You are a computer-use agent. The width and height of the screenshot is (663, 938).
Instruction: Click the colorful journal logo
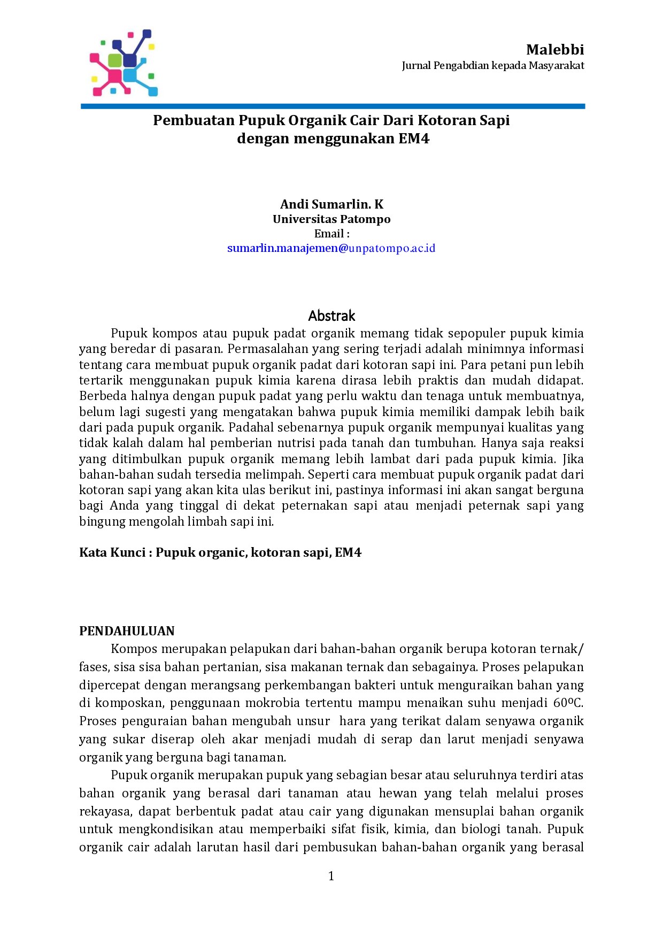click(124, 63)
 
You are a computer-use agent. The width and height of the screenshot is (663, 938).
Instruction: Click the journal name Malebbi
click(554, 50)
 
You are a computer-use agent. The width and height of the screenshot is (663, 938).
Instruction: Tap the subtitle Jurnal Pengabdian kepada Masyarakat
click(492, 66)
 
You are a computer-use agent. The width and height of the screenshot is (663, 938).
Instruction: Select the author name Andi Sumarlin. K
click(331, 204)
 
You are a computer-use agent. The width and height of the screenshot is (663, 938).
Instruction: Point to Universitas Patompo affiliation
click(331, 219)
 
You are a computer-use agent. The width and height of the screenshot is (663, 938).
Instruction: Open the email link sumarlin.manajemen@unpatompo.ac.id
click(331, 248)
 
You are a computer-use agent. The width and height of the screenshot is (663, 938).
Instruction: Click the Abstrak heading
click(331, 316)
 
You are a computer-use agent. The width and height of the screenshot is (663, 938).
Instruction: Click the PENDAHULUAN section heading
click(127, 631)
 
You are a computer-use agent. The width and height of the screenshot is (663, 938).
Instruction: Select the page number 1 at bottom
click(331, 875)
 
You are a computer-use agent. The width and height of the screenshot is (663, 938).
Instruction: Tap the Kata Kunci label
click(112, 552)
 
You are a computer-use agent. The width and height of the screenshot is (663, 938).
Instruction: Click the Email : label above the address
click(331, 234)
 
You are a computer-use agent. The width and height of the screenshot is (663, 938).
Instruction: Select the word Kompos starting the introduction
click(134, 649)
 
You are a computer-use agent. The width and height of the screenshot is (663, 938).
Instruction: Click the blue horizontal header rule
click(333, 106)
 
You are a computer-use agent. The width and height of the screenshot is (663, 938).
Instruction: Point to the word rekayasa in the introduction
click(105, 811)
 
